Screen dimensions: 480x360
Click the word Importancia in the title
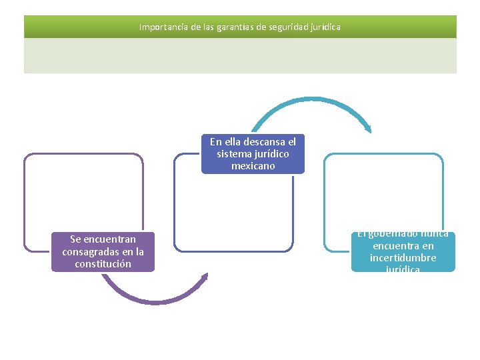point(161,27)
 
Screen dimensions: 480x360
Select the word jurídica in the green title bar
point(325,27)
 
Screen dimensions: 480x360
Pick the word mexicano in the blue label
point(253,166)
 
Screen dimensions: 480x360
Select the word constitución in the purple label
point(103,263)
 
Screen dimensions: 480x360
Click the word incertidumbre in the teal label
point(403,257)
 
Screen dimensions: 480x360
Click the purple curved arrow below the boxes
point(153,297)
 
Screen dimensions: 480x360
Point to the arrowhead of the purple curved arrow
point(205,277)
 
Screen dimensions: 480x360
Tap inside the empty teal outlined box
point(383,193)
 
